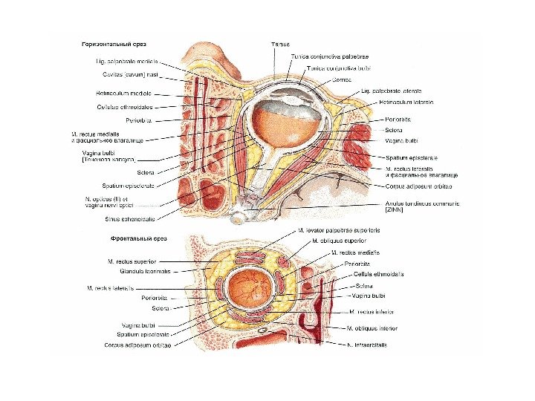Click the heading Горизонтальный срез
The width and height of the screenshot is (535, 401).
click(113, 45)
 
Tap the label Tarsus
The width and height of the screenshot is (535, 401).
click(280, 45)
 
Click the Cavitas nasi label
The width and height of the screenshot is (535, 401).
click(124, 74)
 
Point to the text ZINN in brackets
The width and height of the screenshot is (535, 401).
click(395, 211)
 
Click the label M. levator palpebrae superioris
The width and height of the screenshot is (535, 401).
click(338, 231)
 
